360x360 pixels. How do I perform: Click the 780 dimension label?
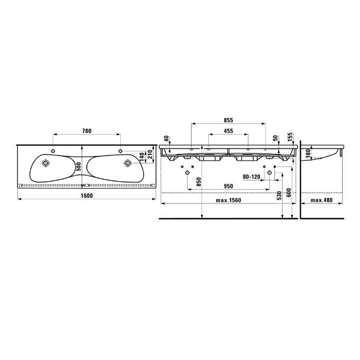(x=87, y=131)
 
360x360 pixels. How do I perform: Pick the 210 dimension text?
(x=150, y=153)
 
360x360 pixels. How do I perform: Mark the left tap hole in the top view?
(x=53, y=151)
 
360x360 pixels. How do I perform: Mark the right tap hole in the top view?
(x=120, y=151)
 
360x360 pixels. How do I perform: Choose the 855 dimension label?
(x=228, y=119)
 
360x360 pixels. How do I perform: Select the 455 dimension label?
(x=228, y=131)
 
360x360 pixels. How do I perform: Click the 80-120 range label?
(x=251, y=176)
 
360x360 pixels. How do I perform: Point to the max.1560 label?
(x=228, y=200)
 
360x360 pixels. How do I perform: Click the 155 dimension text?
(x=291, y=137)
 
